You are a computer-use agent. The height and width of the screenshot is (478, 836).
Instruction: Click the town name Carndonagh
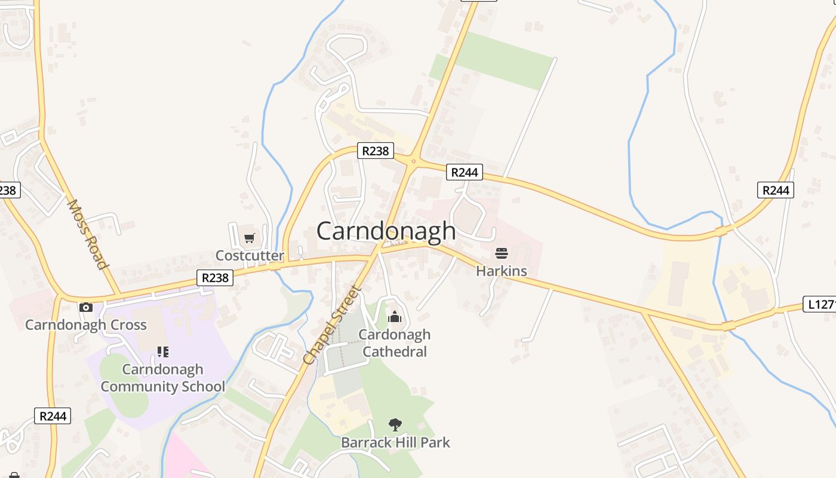pyautogui.click(x=386, y=231)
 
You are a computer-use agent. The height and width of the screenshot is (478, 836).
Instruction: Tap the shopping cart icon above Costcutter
pyautogui.click(x=250, y=238)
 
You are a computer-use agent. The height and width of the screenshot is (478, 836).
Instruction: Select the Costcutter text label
pyautogui.click(x=250, y=256)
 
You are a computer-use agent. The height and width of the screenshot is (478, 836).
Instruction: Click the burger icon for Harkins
pyautogui.click(x=502, y=253)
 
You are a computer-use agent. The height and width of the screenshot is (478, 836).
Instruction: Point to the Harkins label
pyautogui.click(x=502, y=271)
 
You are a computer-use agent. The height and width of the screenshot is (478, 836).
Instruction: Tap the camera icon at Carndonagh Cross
pyautogui.click(x=86, y=307)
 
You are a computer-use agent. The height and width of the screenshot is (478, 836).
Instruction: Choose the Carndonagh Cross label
pyautogui.click(x=86, y=325)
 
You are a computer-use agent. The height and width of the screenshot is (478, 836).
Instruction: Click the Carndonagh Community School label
pyautogui.click(x=163, y=378)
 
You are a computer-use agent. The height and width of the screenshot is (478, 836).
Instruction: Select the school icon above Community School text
pyautogui.click(x=162, y=351)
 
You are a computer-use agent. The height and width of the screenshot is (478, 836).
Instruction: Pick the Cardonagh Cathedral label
pyautogui.click(x=395, y=343)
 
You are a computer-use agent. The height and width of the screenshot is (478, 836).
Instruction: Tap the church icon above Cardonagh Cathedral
pyautogui.click(x=395, y=317)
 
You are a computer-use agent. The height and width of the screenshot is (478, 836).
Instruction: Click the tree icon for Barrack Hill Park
pyautogui.click(x=395, y=425)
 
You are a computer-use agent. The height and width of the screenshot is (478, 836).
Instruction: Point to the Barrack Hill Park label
pyautogui.click(x=395, y=443)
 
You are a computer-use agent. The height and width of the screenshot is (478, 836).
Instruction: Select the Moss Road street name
pyautogui.click(x=88, y=234)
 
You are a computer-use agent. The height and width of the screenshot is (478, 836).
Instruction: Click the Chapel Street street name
pyautogui.click(x=333, y=326)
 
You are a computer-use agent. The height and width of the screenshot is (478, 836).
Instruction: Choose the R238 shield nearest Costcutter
pyautogui.click(x=215, y=278)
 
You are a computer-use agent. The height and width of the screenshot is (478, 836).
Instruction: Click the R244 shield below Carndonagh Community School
pyautogui.click(x=53, y=416)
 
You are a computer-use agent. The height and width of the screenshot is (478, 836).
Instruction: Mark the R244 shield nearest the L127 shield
pyautogui.click(x=776, y=190)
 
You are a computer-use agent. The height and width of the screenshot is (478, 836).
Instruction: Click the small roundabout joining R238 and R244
pyautogui.click(x=413, y=160)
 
